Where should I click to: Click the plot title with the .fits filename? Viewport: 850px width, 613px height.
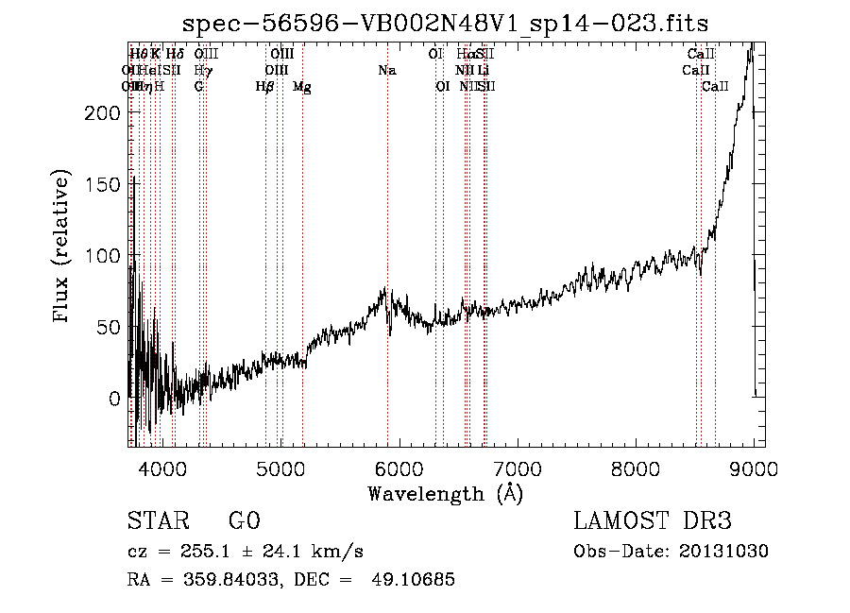pos(445,22)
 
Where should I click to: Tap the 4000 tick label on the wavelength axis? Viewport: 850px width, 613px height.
pos(162,469)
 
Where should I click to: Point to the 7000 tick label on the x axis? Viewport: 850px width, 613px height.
pos(518,469)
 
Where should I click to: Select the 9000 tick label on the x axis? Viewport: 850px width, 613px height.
pos(754,469)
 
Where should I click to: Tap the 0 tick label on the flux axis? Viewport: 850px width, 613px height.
pos(113,399)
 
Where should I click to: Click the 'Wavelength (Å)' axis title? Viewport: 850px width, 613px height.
pos(445,493)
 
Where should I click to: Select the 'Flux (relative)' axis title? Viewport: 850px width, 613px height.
pos(63,247)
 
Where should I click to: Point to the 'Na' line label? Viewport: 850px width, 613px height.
pos(386,71)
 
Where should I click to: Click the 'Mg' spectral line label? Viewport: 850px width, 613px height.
pos(302,87)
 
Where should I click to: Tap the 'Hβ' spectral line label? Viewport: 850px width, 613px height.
pos(264,87)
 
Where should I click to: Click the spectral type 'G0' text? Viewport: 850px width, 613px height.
pos(244,522)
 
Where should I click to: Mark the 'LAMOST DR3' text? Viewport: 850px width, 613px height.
pos(653,522)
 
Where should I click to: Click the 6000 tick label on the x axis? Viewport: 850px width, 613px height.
pos(399,469)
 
